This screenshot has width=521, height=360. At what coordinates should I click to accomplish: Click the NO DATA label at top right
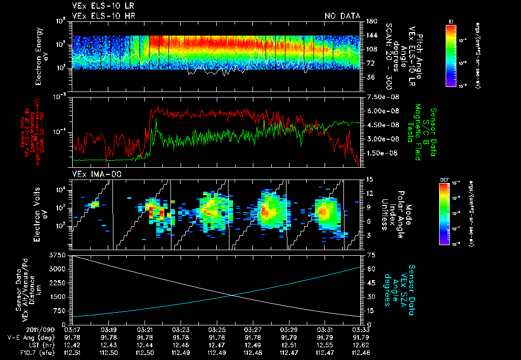tap(342, 16)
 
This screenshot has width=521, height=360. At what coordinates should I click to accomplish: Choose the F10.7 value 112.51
tap(73, 351)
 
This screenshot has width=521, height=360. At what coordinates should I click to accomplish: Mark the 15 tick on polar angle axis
tap(368, 179)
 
